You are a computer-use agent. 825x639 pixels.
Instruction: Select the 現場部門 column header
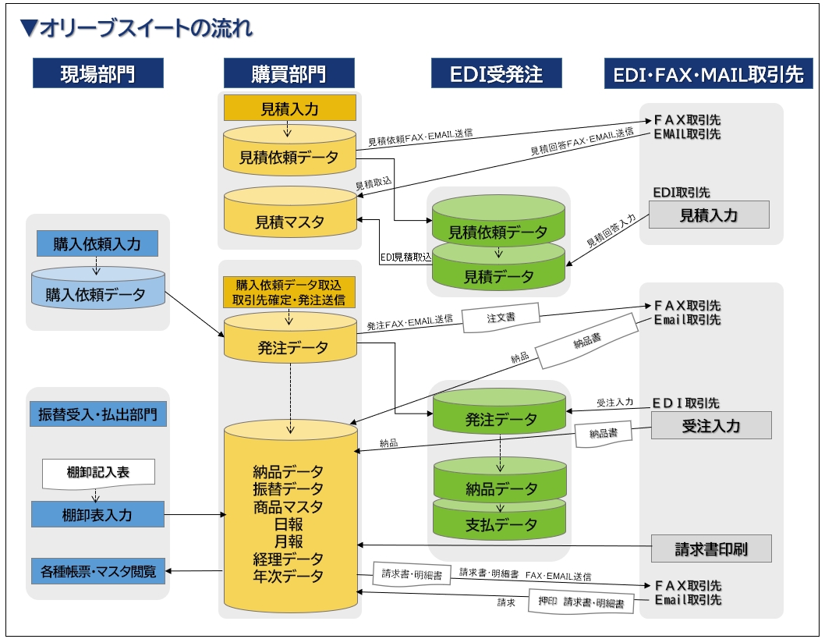pos(97,74)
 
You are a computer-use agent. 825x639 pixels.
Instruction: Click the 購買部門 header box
pos(289,74)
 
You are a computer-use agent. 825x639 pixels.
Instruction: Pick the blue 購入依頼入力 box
pos(97,244)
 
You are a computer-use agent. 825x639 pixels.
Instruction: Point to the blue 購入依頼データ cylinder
pos(97,293)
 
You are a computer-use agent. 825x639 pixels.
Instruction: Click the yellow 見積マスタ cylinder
pos(289,222)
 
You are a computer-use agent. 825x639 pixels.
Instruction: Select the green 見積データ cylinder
pos(499,275)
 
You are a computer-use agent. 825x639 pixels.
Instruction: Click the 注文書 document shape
pos(501,318)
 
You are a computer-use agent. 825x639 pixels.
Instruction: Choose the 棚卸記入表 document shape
pos(98,473)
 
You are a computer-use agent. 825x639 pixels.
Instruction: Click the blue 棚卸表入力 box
pos(97,515)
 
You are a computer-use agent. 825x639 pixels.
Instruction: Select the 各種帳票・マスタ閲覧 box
pos(98,571)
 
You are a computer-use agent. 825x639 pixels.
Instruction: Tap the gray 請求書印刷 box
pos(711,548)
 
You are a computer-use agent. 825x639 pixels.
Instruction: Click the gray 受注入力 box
pos(711,426)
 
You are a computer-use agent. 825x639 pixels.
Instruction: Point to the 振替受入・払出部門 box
pos(98,414)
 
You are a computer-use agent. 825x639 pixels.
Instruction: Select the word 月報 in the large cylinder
pos(289,541)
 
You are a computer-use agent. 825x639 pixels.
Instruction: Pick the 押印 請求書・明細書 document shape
pos(581,602)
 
